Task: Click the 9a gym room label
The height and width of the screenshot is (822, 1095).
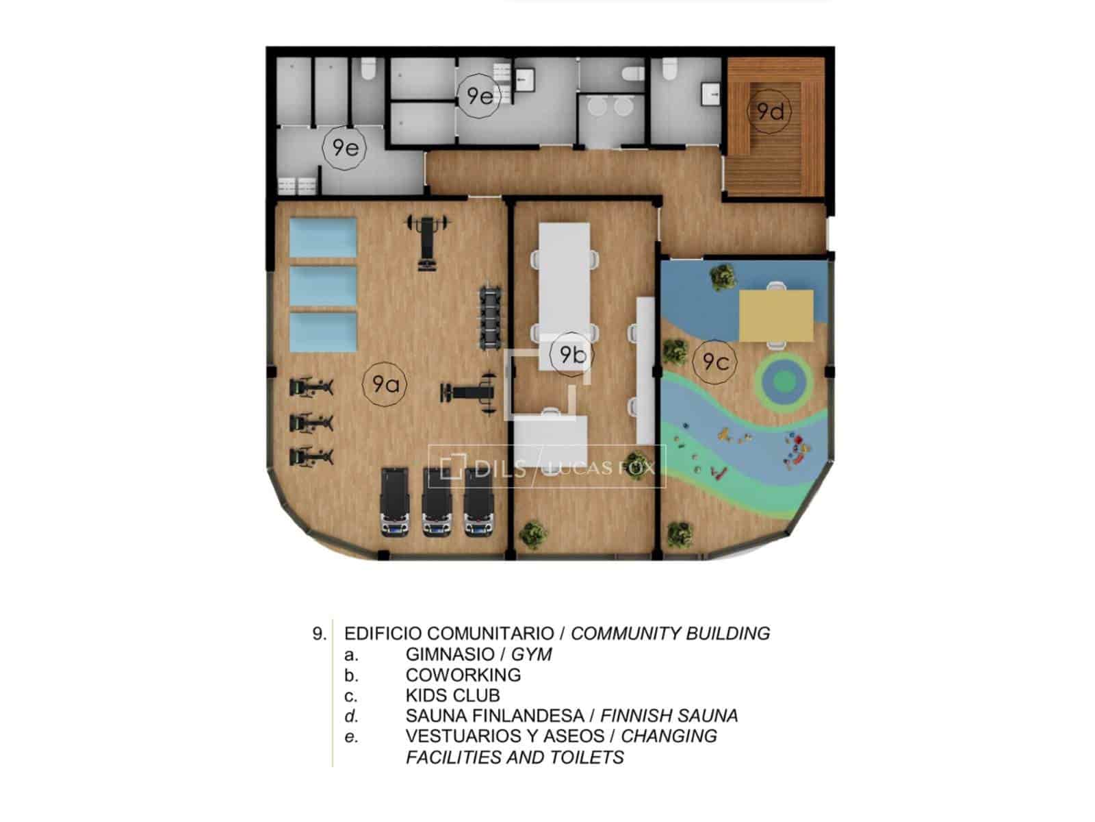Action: coord(384,384)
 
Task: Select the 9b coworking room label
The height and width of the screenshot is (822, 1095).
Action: coord(571,354)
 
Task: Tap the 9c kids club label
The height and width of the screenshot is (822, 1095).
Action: coord(715,362)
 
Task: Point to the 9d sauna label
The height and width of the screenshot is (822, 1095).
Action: coord(770,111)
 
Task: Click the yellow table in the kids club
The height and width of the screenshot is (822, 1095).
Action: coord(775,315)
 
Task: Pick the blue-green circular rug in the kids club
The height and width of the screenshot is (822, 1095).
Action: coord(784,382)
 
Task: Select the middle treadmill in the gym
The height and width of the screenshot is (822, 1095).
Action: coord(437,501)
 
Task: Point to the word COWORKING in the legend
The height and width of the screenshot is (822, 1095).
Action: coord(463,675)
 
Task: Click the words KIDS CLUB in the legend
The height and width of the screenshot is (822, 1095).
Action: coord(452,695)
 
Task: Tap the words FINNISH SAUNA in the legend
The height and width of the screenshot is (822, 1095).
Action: coord(669,716)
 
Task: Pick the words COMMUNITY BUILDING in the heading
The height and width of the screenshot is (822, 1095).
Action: coord(670,634)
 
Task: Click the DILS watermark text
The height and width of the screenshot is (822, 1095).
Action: coord(500,469)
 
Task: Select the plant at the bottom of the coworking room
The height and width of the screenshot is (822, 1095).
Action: coord(533,533)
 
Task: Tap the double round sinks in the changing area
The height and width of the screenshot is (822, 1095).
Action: coord(613,106)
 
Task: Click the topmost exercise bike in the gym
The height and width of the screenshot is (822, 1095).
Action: coord(311,387)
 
